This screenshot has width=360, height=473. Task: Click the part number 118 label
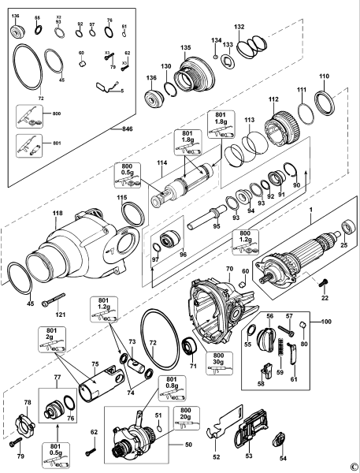[x=57, y=211]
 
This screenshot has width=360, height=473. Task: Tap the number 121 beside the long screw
[x=60, y=315]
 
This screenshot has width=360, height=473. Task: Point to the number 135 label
[x=186, y=48]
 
